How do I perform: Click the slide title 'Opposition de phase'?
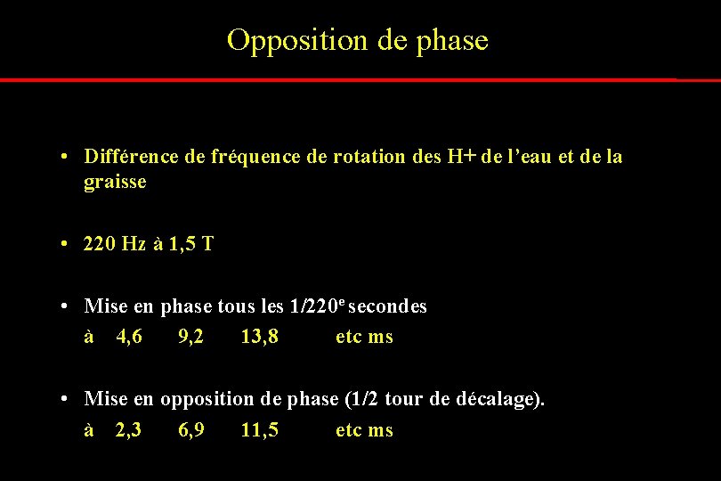358,40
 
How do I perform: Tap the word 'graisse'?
115,183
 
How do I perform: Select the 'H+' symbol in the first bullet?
461,157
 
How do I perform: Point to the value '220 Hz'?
114,243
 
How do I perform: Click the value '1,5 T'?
193,243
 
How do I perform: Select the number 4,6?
129,337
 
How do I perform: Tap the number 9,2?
190,337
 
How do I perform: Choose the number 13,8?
259,337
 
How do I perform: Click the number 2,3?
129,430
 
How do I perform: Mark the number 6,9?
191,430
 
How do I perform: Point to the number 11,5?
259,430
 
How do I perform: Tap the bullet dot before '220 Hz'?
67,243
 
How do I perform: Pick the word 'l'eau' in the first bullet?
527,157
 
